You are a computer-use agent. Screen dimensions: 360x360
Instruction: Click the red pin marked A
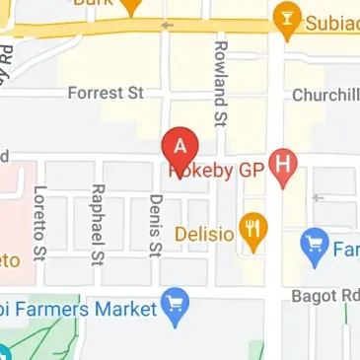coord(180,148)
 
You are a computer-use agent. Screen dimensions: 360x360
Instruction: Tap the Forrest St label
coord(106,93)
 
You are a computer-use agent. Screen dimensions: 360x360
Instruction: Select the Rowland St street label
coord(221,85)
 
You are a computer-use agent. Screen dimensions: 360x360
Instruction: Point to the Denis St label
coord(154,225)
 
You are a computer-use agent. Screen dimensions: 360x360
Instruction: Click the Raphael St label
coord(97,225)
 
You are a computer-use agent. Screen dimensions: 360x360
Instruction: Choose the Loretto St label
coord(40,225)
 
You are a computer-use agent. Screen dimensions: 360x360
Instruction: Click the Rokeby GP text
coord(218,170)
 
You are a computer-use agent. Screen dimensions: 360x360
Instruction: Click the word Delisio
coord(204,235)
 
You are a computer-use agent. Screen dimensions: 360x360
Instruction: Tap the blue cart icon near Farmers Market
coord(177,308)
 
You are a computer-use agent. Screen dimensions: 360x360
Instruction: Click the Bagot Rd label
coord(325,295)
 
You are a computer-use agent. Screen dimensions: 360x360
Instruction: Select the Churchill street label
coord(325,96)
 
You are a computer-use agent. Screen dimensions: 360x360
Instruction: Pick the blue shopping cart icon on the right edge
coord(315,239)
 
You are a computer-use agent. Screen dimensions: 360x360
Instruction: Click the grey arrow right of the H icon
coord(318,197)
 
